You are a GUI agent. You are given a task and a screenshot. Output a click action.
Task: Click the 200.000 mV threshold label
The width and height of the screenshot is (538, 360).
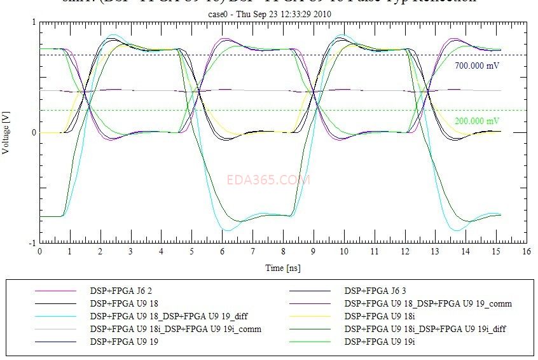point(477,121)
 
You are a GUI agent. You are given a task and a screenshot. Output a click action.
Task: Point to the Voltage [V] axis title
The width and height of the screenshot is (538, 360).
point(7,132)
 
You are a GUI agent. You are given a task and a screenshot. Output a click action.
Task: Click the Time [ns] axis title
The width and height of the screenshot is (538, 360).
point(283,268)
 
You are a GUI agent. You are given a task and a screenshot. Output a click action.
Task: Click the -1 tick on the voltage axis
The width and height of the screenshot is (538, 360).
point(32,243)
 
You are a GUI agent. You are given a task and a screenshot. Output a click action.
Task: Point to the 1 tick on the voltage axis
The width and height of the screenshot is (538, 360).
point(34,22)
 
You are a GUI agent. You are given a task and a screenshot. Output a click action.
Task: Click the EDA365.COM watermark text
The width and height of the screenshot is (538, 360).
point(268,180)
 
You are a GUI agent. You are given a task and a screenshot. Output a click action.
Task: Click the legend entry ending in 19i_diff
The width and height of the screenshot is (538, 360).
point(427,329)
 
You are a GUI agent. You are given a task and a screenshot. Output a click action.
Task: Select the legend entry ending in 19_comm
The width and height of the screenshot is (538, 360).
point(427,303)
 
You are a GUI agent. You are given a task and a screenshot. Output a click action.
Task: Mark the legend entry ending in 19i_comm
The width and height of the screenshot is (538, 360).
point(176,329)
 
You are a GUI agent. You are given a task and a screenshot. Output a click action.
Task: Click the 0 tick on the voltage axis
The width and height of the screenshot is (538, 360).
point(34,132)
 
